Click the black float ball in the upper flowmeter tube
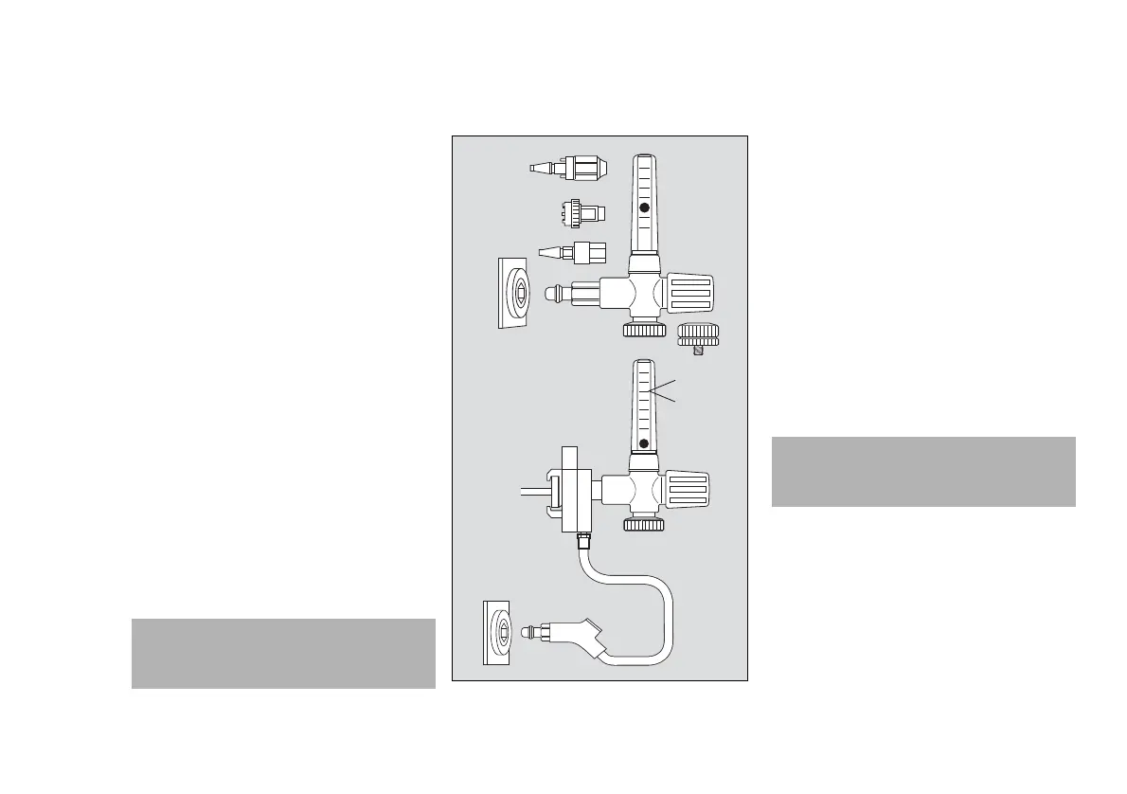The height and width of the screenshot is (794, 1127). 644,208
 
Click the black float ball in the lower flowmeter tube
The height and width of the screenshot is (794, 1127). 644,443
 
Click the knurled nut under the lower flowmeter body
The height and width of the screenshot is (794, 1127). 644,524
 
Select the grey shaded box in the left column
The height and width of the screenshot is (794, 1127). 282,653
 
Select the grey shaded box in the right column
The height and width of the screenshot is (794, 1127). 923,471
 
